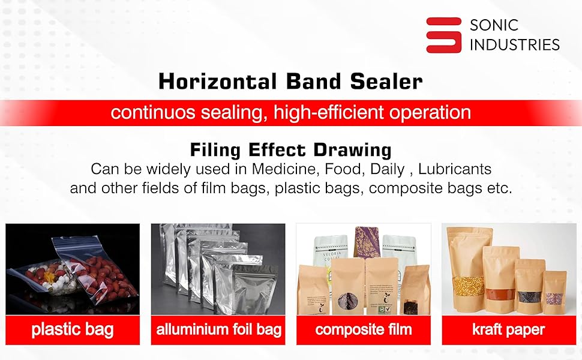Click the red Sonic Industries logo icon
[x=443, y=35]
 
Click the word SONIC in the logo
[x=494, y=25]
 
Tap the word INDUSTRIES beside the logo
[x=514, y=44]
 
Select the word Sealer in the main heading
[x=386, y=81]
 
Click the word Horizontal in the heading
[x=218, y=81]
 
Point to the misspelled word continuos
[x=152, y=112]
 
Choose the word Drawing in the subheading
[x=353, y=150]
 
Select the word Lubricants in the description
[x=455, y=169]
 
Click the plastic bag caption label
[x=73, y=329]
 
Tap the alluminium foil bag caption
[x=218, y=329]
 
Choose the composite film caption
[x=364, y=329]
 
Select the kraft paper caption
[x=509, y=329]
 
